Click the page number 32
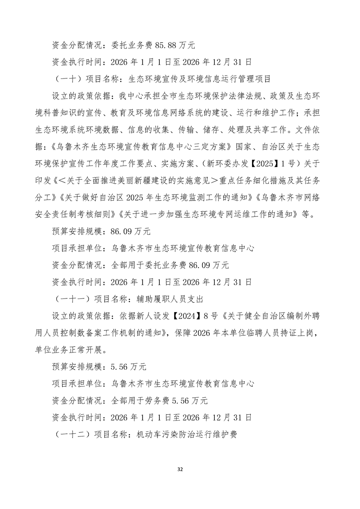180,469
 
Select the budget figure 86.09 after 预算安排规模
121,231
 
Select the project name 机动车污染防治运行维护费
187,434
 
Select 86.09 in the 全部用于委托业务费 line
199,265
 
